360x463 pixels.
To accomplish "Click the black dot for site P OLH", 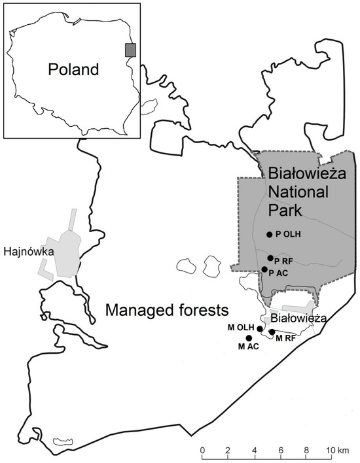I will [x=269, y=234].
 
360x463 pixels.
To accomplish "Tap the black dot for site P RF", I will [x=270, y=258].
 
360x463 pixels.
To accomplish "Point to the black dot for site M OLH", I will [x=260, y=328].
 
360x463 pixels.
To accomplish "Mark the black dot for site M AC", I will [x=248, y=338].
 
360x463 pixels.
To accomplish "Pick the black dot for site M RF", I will [x=272, y=332].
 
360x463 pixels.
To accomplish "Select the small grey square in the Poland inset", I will [x=131, y=50].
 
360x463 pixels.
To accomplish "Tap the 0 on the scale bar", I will [x=203, y=451].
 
